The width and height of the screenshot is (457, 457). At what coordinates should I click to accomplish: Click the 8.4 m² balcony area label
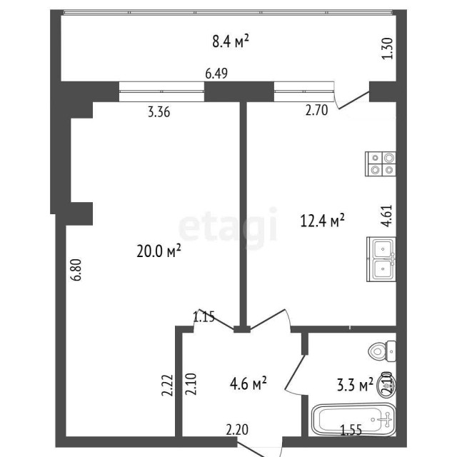tap(230, 41)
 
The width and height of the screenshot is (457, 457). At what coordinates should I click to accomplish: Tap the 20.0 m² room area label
tap(159, 251)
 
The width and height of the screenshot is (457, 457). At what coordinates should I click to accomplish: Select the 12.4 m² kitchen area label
tap(323, 221)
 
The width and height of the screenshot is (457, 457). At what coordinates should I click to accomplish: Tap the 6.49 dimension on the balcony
tap(216, 73)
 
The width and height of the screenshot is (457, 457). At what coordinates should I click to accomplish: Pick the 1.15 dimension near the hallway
tap(204, 316)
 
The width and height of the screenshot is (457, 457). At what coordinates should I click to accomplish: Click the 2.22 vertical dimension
tap(166, 385)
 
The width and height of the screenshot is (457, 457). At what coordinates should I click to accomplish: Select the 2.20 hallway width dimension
tap(237, 430)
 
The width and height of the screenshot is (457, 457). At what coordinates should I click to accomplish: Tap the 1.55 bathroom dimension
tap(351, 430)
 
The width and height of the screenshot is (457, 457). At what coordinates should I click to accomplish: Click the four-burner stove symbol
tap(381, 164)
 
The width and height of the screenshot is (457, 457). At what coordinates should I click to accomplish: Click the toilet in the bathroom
tap(382, 351)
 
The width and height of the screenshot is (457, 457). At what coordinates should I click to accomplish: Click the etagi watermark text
tap(227, 225)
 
